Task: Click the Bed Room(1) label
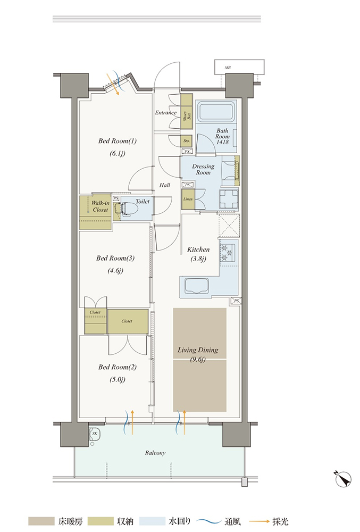118,141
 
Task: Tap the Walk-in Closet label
101,206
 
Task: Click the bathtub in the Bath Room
216,112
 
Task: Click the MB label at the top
228,68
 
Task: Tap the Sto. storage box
187,140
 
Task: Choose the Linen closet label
188,199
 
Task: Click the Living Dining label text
198,350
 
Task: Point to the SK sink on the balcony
94,434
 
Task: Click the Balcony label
155,453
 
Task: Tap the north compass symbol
343,479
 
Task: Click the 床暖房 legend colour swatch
41,521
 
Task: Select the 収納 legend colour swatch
101,521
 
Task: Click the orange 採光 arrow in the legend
259,521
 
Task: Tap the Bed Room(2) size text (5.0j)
118,380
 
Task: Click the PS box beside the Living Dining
236,301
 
